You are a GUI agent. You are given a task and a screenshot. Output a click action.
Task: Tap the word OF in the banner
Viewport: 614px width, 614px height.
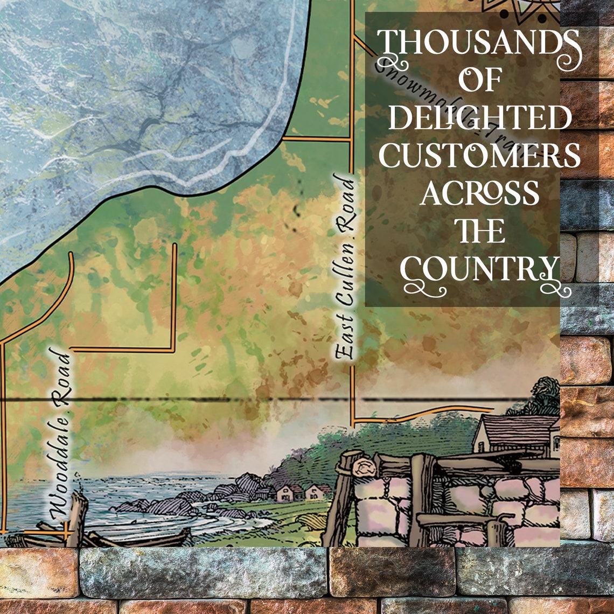(x=479, y=81)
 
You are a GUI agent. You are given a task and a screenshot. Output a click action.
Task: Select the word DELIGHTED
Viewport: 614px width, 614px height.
(x=479, y=117)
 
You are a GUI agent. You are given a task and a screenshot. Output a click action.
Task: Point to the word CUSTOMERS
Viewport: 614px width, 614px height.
(x=479, y=155)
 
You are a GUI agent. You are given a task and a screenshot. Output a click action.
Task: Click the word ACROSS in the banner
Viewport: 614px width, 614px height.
(x=479, y=193)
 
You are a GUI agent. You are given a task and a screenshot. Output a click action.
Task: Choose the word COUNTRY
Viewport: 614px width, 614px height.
(x=479, y=269)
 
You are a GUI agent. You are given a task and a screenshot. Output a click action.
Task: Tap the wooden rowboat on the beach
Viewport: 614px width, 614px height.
(x=162, y=538)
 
